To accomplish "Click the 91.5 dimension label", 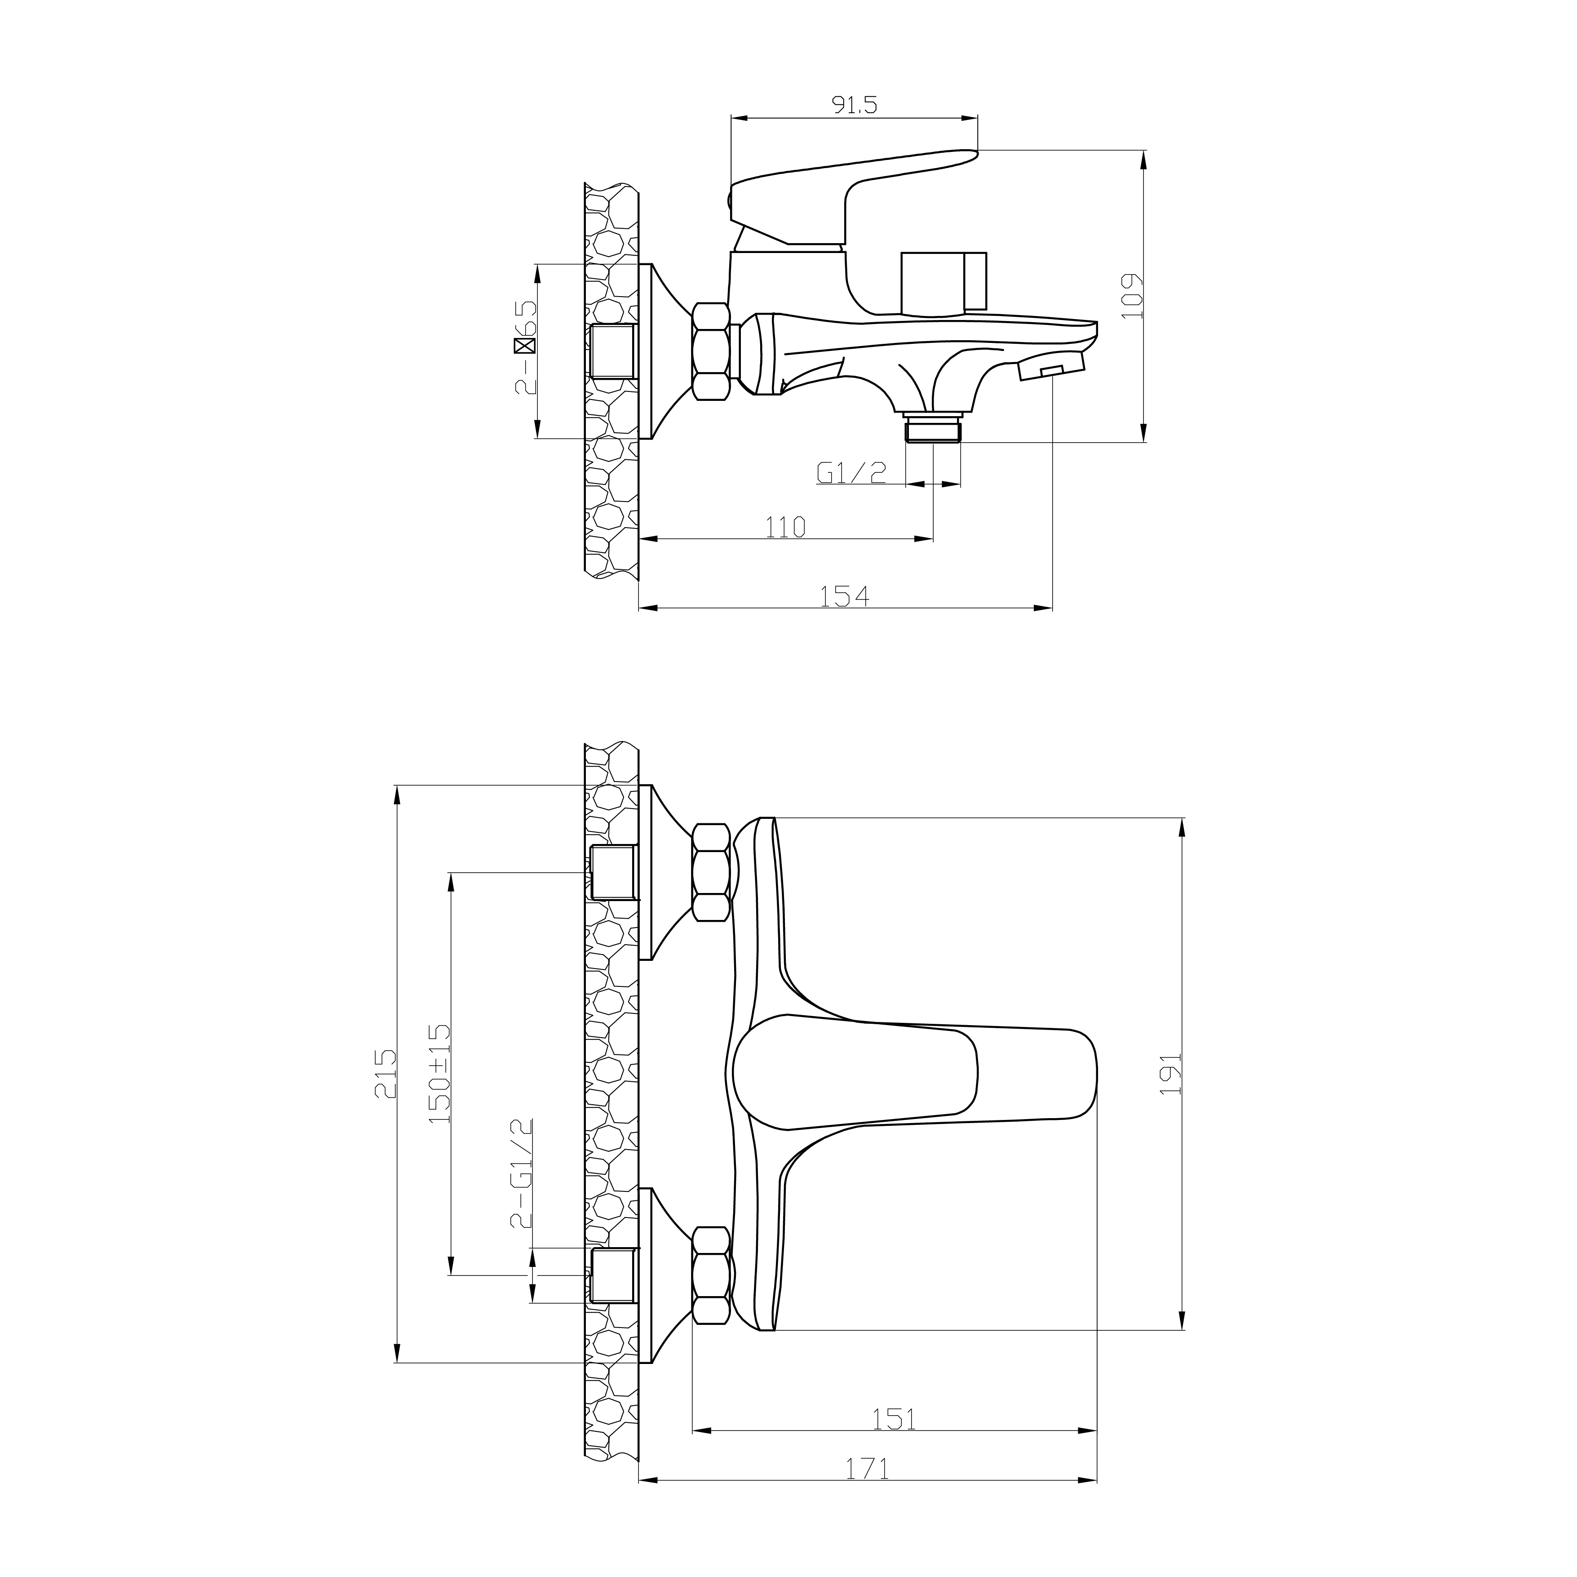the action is [854, 105].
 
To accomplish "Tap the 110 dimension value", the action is [785, 528].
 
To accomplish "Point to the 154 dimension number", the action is [845, 597].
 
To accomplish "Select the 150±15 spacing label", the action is [439, 1074].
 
